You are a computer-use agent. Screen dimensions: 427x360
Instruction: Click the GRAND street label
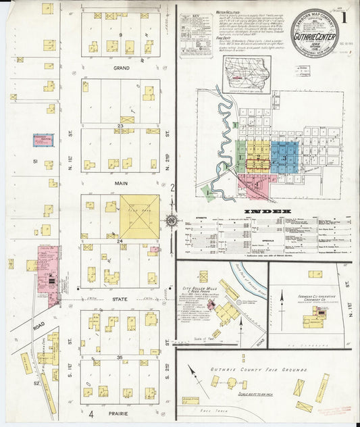point(121,68)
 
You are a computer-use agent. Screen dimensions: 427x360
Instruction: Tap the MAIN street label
point(121,181)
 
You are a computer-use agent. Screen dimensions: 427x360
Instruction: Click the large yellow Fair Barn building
point(140,217)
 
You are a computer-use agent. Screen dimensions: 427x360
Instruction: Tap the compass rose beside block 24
point(172,220)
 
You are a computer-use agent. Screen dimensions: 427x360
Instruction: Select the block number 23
point(120,125)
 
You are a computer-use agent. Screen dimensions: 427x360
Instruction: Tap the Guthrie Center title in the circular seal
point(314,30)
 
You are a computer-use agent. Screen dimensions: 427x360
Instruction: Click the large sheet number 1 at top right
point(344,17)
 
